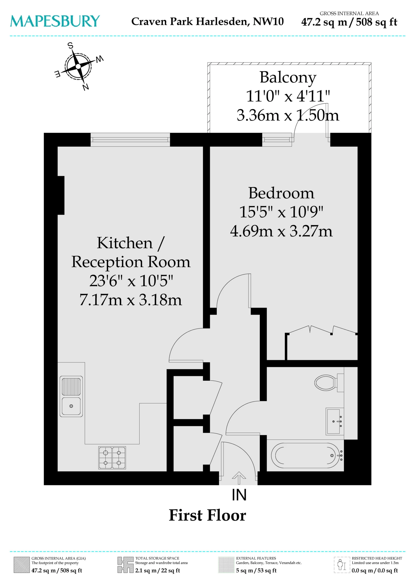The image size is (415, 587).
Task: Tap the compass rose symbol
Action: (x=78, y=67)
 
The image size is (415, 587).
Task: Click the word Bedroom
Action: (x=281, y=193)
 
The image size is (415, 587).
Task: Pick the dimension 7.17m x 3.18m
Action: (x=131, y=300)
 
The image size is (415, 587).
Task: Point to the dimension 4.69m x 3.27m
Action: (x=281, y=231)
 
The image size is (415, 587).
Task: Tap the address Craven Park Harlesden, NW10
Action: (x=207, y=21)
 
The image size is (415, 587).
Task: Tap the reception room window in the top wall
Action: (x=130, y=140)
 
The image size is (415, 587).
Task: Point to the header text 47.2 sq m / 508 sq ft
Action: (x=349, y=22)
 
